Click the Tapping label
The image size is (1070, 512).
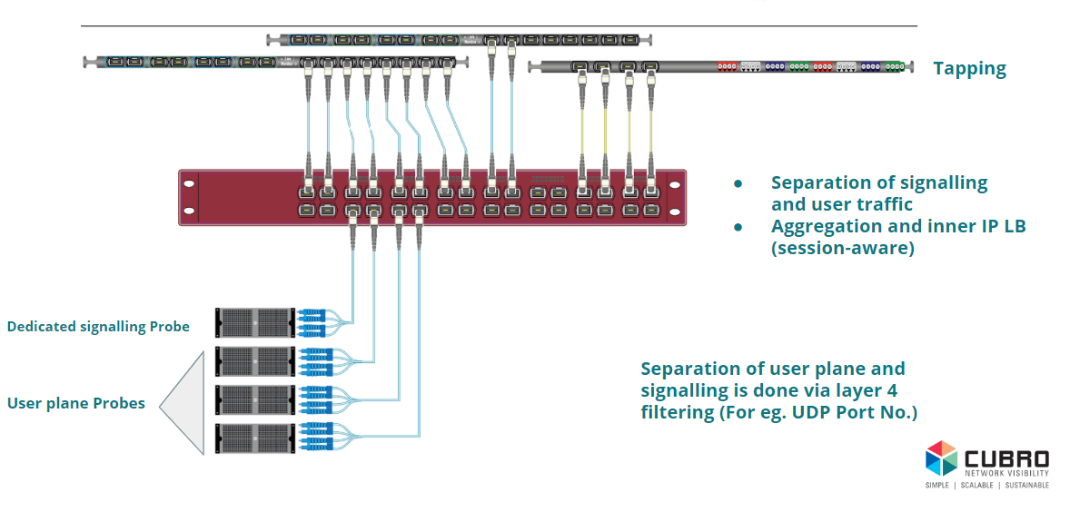tap(969, 69)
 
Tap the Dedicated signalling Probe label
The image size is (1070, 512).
tap(98, 326)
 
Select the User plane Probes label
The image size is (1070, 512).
tap(76, 403)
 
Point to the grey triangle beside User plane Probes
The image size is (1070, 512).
tap(186, 403)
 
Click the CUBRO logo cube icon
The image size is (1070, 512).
tap(941, 458)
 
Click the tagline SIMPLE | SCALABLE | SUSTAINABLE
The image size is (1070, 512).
tap(986, 486)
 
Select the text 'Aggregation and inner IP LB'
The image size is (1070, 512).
tap(897, 227)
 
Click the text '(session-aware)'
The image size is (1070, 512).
tap(842, 248)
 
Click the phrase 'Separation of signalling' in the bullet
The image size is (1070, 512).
tap(878, 182)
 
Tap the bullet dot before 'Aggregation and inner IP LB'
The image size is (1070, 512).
tap(738, 227)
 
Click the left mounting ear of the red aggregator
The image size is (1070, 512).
tap(189, 197)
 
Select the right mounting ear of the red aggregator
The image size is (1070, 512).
tap(674, 197)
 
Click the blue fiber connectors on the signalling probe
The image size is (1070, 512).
tap(311, 322)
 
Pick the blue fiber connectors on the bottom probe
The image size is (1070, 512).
tap(311, 438)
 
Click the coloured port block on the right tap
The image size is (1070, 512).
tap(807, 66)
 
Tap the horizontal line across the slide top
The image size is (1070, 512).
tap(499, 26)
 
